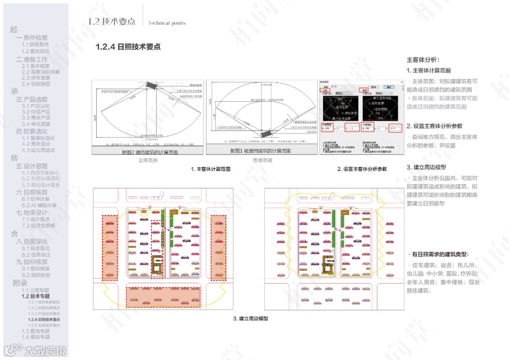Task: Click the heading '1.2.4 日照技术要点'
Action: pos(128,47)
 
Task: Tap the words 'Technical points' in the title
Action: pos(167,23)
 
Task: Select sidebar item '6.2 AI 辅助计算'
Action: pos(39,205)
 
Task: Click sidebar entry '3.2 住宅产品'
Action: pos(36,112)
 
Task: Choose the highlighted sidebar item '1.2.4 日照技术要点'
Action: pos(44,319)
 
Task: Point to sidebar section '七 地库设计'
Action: pos(32,213)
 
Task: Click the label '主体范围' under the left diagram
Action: pos(148,160)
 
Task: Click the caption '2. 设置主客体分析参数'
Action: pos(362,169)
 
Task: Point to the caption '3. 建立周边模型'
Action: pos(250,319)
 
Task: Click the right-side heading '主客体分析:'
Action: pos(423,60)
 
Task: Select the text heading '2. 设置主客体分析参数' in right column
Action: pos(435,126)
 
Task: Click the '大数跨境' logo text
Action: pos(45,351)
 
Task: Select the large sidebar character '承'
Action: pos(14,92)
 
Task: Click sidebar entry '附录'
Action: pos(20,283)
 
